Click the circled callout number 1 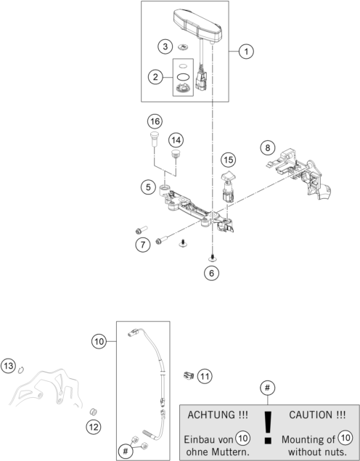click(x=246, y=52)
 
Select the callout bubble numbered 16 click(x=155, y=121)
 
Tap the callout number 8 click(x=267, y=147)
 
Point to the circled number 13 click(x=9, y=366)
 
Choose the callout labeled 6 click(x=212, y=273)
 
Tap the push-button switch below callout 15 click(x=227, y=187)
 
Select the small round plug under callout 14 click(x=176, y=153)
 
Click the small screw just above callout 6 click(x=212, y=258)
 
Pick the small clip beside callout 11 click(x=189, y=375)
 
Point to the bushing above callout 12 click(x=94, y=412)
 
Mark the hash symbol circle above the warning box click(x=267, y=388)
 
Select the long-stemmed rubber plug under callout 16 click(x=155, y=139)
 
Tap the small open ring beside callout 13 click(x=21, y=370)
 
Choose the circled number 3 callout click(x=165, y=46)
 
